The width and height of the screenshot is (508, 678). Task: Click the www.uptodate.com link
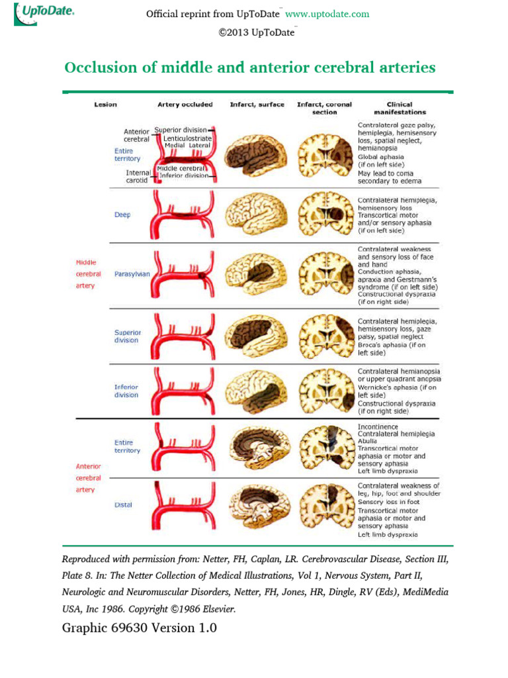pos(327,14)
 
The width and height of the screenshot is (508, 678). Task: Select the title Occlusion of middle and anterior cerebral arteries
pos(250,68)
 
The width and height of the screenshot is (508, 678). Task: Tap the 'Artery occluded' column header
pos(185,105)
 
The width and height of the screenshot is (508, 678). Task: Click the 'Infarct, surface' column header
pos(257,105)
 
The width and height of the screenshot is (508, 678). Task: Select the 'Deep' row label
pos(122,215)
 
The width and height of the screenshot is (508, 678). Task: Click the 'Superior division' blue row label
pos(127,336)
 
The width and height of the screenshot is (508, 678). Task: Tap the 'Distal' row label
pos(124,505)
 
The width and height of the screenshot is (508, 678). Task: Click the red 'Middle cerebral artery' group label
pos(85,273)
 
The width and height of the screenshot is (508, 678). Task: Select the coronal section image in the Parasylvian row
pos(325,273)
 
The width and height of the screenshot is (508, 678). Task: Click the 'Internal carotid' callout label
pos(139,176)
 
